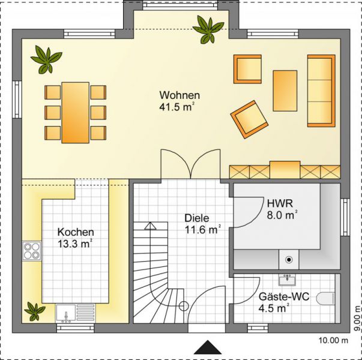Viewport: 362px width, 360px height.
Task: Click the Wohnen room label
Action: coord(179,95)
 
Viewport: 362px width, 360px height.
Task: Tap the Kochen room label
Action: coord(76,232)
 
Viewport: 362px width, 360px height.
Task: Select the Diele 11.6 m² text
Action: coord(203,224)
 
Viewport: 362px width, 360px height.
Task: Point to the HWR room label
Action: coord(280,203)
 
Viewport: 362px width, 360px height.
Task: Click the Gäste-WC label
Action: coord(284,297)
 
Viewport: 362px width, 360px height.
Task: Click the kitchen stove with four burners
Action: coord(32,251)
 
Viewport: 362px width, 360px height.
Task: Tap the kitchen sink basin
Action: coord(66,313)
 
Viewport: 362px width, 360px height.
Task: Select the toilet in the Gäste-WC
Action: coord(326,299)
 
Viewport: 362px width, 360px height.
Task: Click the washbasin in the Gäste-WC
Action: coord(287,280)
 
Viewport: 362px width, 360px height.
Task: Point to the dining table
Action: coord(75,113)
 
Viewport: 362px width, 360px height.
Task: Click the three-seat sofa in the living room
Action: coord(321,91)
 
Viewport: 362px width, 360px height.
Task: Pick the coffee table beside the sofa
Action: coord(285,91)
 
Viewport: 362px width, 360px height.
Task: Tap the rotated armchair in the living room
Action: coord(249,119)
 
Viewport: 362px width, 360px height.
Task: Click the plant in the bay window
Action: coord(208,29)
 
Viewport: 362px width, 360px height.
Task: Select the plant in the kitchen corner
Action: coord(35,311)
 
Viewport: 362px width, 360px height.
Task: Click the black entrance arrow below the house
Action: coord(208,347)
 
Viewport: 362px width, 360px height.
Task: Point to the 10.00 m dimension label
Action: coord(333,340)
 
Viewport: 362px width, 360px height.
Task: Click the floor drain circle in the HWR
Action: coord(289,260)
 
